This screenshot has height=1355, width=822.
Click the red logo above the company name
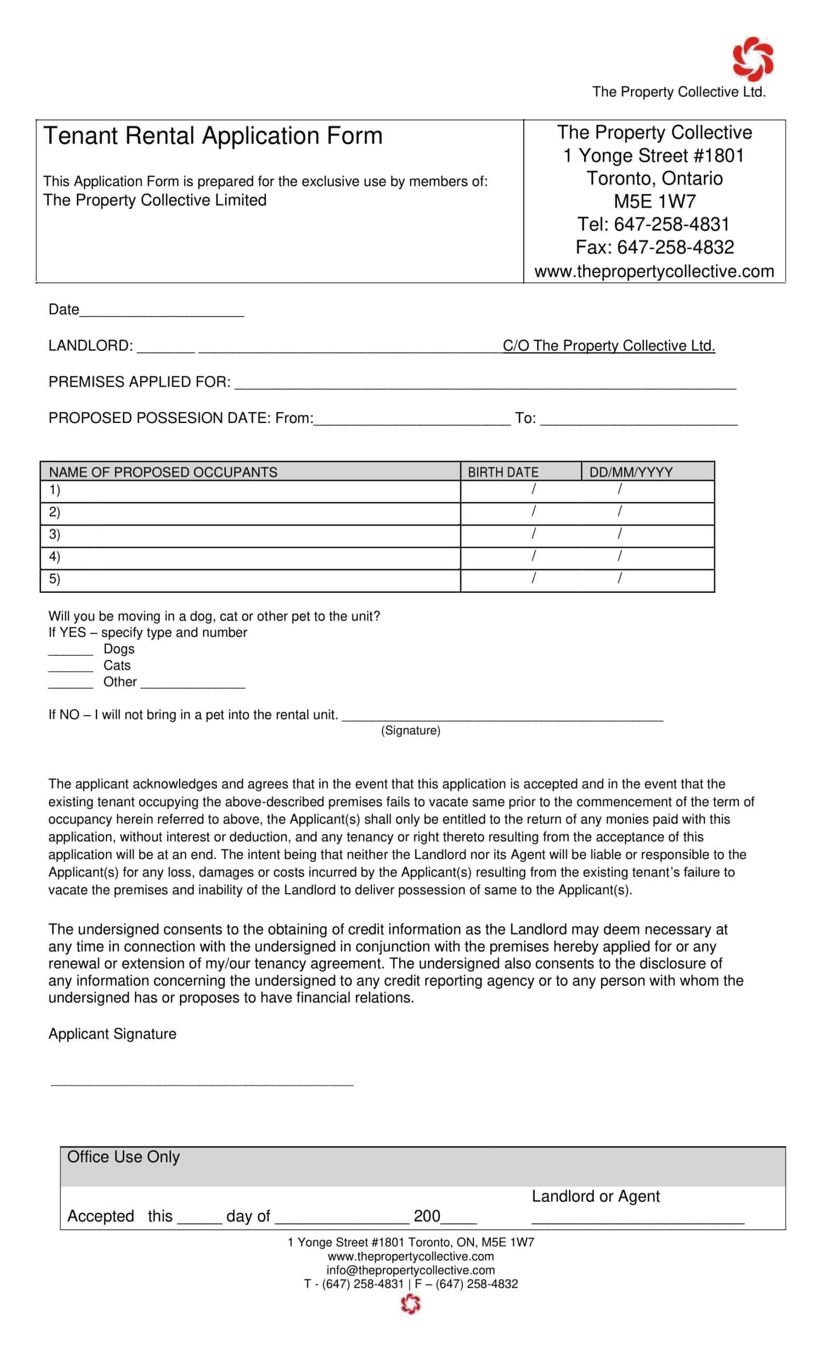point(752,59)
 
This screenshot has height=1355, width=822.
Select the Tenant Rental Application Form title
point(213,136)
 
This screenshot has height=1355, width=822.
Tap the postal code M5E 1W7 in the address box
point(654,201)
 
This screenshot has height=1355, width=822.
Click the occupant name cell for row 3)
point(250,535)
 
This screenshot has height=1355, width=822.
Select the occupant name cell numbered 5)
point(250,580)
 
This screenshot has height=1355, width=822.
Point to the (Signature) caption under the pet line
point(410,730)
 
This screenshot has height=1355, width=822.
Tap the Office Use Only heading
point(123,1157)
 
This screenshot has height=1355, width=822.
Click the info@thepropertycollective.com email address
point(410,1270)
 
